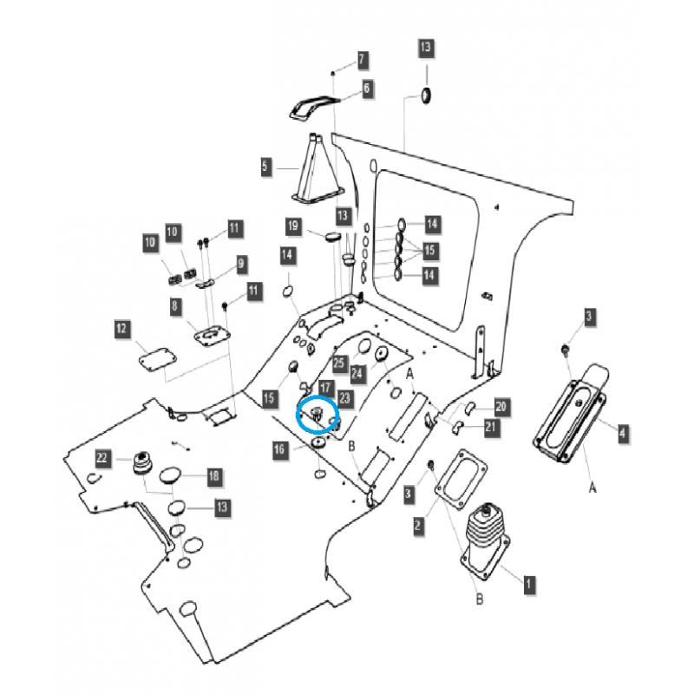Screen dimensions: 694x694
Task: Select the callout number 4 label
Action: point(623,430)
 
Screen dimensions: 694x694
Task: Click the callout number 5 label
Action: point(266,165)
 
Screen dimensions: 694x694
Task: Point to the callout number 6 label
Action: point(366,88)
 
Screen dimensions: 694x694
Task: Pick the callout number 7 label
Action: point(362,60)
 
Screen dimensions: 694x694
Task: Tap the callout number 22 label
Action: point(102,457)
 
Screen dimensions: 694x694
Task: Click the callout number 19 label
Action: point(293,226)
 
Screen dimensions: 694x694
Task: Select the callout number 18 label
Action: point(213,475)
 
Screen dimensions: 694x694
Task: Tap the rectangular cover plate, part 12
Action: point(156,357)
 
